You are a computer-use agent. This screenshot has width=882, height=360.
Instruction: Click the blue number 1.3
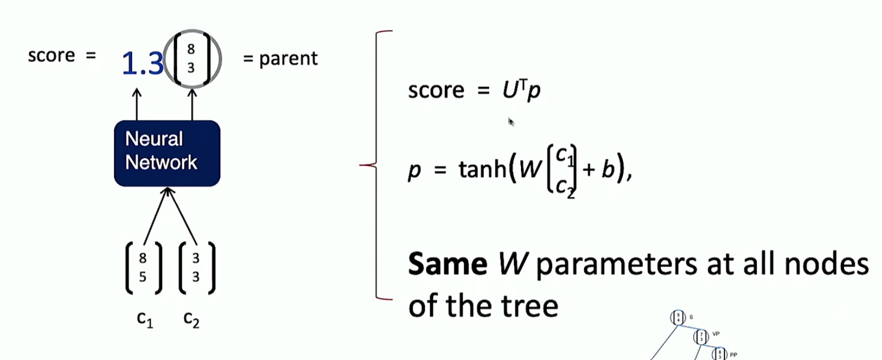point(142,63)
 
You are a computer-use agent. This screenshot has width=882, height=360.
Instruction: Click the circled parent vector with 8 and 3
point(191,59)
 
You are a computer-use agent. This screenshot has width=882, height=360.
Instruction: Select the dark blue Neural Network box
point(167,153)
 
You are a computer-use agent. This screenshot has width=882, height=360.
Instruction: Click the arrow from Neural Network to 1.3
point(137,104)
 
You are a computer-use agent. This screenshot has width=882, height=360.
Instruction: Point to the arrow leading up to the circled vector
point(191,104)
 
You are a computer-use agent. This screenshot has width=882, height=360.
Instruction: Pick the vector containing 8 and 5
point(143,268)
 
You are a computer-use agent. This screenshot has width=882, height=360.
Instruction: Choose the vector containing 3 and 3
point(196,268)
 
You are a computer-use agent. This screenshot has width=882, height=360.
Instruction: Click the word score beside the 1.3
point(51,55)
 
